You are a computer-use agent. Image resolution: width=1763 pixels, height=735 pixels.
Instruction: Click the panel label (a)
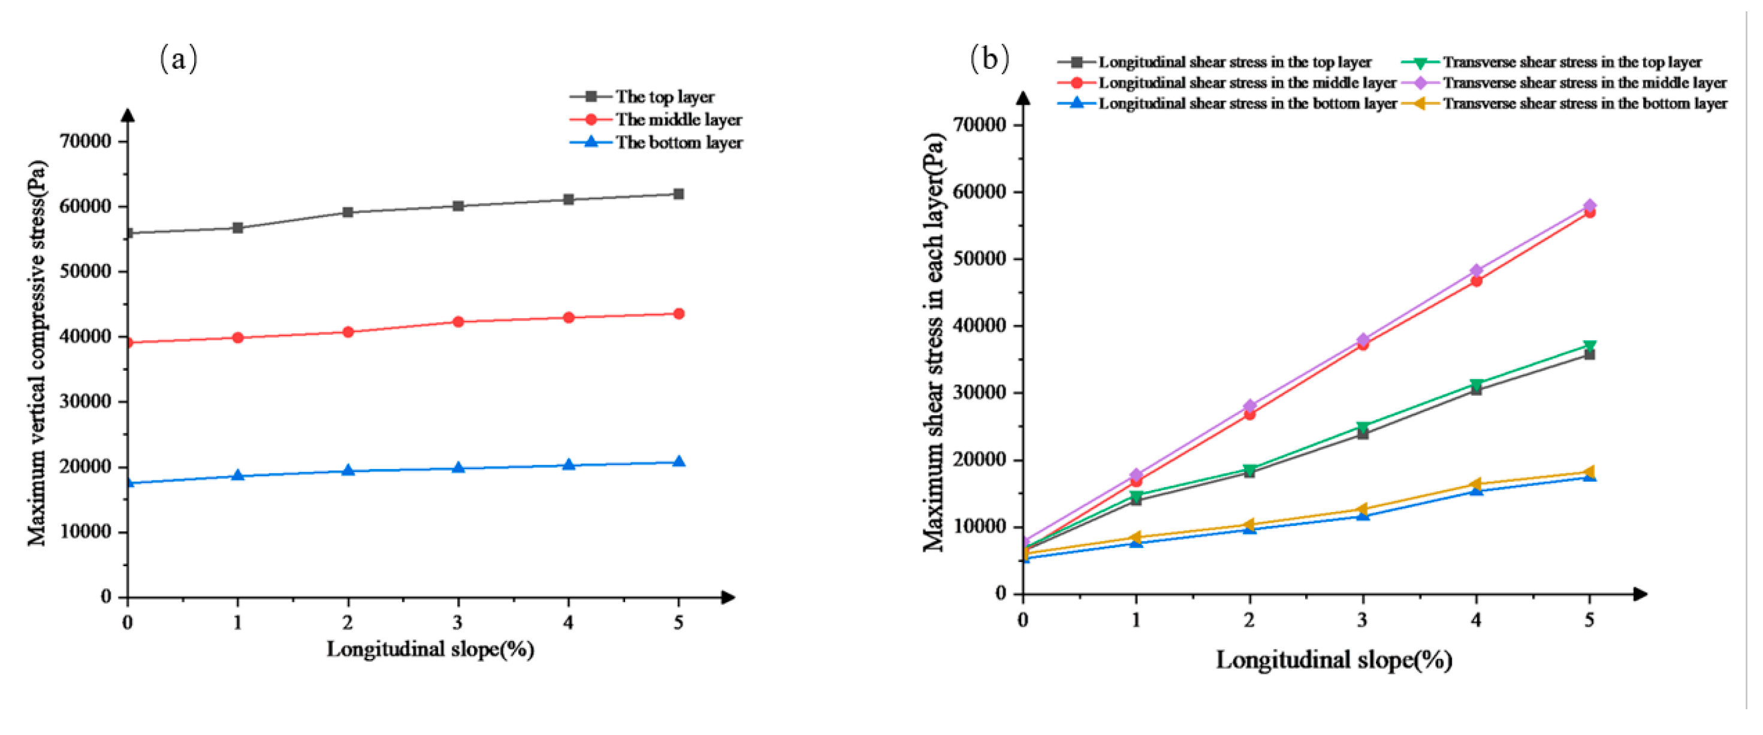pyautogui.click(x=179, y=59)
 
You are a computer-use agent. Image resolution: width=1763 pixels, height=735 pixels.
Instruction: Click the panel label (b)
pyautogui.click(x=989, y=59)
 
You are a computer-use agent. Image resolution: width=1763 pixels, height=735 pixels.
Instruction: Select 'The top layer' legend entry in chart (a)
pyautogui.click(x=664, y=96)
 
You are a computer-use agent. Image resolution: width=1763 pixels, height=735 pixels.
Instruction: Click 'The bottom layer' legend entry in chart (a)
pyautogui.click(x=678, y=143)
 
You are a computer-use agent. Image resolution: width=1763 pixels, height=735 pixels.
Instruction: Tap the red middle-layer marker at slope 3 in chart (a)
pyautogui.click(x=458, y=322)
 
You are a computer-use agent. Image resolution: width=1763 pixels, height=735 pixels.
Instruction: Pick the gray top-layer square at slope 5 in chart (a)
pyautogui.click(x=678, y=194)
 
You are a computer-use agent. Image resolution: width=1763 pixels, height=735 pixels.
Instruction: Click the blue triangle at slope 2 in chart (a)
pyautogui.click(x=348, y=470)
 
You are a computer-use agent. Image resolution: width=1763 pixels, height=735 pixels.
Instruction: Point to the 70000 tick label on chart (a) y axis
pyautogui.click(x=85, y=141)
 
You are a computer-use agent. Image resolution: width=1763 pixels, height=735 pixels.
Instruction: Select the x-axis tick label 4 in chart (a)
pyautogui.click(x=568, y=622)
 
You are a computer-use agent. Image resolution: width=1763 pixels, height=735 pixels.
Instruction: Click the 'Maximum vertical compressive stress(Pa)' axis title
pyautogui.click(x=38, y=352)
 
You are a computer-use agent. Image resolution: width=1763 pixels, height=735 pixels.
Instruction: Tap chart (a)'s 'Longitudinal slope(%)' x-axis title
pyautogui.click(x=430, y=649)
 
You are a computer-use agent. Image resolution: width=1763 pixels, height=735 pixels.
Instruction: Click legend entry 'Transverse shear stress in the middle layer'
pyautogui.click(x=1584, y=83)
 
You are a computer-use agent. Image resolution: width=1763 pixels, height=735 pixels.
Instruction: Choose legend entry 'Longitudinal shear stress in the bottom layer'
pyautogui.click(x=1247, y=104)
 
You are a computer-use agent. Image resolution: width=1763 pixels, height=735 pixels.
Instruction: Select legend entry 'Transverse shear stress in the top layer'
pyautogui.click(x=1572, y=62)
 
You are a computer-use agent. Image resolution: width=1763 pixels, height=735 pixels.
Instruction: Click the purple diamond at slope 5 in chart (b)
pyautogui.click(x=1589, y=205)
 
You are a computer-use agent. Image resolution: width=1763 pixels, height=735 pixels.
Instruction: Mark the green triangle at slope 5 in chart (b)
pyautogui.click(x=1589, y=346)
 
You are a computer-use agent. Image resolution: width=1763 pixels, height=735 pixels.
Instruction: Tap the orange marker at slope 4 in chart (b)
pyautogui.click(x=1475, y=485)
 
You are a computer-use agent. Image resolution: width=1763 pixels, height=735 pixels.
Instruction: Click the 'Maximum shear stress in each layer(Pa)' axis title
pyautogui.click(x=934, y=342)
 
